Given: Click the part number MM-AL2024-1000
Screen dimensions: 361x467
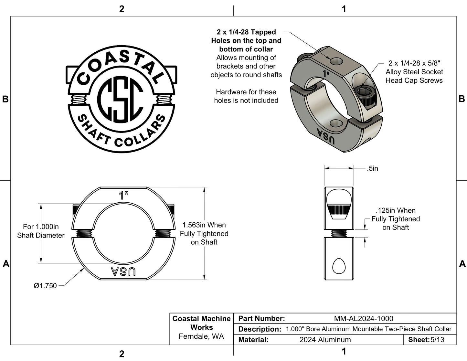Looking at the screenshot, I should pyautogui.click(x=364, y=319).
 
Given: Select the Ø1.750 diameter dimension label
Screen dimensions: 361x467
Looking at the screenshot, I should pyautogui.click(x=45, y=286).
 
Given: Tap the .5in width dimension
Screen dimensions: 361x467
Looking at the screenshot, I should pyautogui.click(x=372, y=168).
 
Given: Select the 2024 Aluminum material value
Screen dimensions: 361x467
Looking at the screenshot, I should pyautogui.click(x=325, y=340).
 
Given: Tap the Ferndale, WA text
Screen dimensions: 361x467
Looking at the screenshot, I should pyautogui.click(x=201, y=336).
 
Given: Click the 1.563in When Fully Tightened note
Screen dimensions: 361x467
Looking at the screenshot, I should pyautogui.click(x=204, y=233).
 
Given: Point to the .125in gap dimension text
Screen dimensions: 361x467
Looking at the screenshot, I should pyautogui.click(x=396, y=219).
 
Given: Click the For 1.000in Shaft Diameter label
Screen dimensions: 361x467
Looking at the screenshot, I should pyautogui.click(x=41, y=231).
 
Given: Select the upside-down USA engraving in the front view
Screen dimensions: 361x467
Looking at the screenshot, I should pyautogui.click(x=123, y=271).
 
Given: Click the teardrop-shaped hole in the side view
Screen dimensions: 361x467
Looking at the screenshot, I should pyautogui.click(x=339, y=266).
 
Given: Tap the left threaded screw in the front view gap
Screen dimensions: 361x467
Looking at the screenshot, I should pyautogui.click(x=83, y=233).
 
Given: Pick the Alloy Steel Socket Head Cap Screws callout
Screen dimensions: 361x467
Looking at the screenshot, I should pyautogui.click(x=414, y=72).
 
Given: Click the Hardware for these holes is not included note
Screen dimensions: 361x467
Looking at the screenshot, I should pyautogui.click(x=246, y=96).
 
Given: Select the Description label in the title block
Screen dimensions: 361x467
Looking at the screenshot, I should pyautogui.click(x=260, y=329).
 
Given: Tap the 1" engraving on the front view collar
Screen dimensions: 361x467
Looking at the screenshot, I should pyautogui.click(x=123, y=195).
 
